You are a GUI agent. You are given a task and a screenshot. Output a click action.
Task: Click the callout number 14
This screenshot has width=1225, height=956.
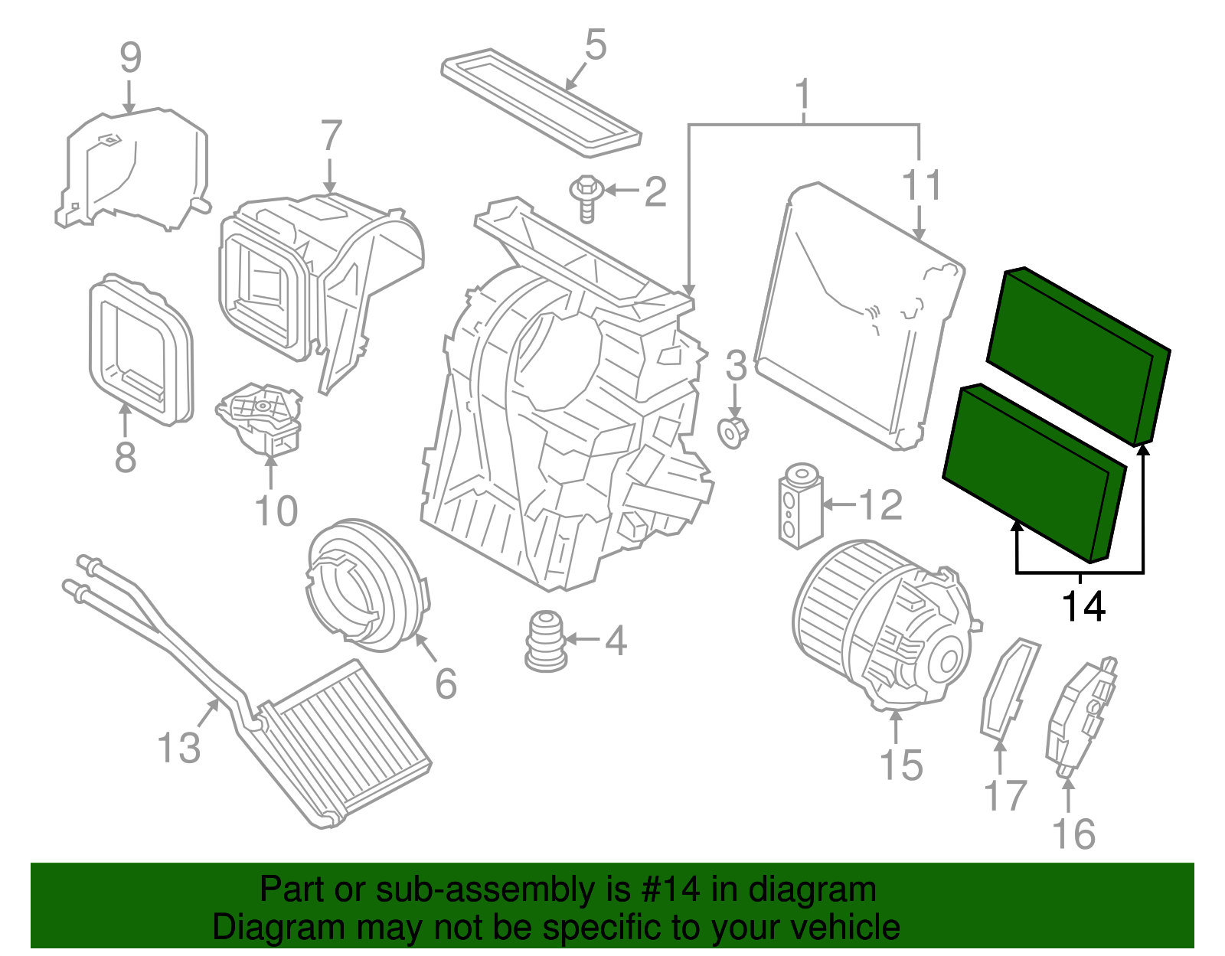click(x=1083, y=607)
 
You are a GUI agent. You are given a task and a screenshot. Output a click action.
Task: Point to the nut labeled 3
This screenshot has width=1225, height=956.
click(x=733, y=433)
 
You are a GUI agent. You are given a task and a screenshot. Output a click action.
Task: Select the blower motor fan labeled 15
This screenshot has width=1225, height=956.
click(x=880, y=624)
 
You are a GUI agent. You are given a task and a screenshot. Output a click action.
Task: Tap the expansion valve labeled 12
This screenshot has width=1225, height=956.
click(x=799, y=505)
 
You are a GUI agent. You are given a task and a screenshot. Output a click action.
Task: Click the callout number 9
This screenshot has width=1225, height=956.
click(x=130, y=57)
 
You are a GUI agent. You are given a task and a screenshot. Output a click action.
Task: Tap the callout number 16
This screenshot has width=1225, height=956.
click(x=1073, y=834)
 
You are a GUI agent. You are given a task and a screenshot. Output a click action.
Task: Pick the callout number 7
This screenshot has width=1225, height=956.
click(x=331, y=136)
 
